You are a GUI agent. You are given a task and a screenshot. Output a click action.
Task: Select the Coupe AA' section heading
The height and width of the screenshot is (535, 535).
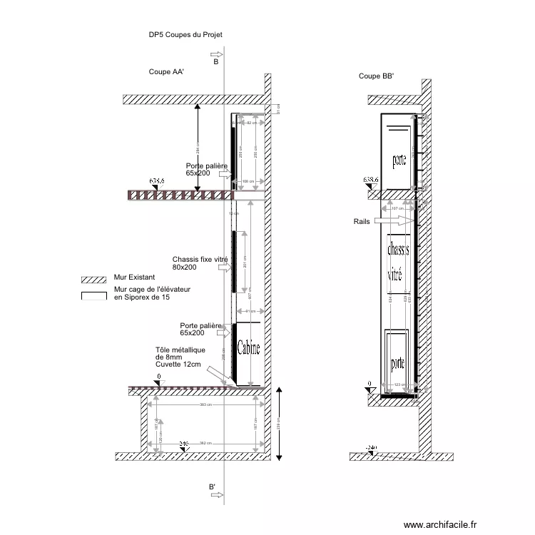[166, 72]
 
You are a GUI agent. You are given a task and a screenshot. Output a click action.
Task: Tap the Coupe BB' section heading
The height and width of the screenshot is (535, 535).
[376, 76]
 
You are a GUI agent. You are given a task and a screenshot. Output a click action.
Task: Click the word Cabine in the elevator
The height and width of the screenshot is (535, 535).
[248, 348]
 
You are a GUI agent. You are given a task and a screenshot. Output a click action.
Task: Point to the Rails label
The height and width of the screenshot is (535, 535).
[362, 222]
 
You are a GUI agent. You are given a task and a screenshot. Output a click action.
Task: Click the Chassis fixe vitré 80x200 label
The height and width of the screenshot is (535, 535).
[196, 263]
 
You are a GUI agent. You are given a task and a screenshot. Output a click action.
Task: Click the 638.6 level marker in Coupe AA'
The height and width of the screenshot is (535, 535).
[156, 182]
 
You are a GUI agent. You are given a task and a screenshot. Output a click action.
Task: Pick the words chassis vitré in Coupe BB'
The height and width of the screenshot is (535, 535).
[398, 261]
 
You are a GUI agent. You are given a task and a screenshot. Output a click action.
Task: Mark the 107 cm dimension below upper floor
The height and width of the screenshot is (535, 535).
[398, 209]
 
